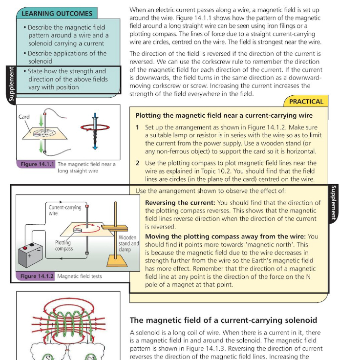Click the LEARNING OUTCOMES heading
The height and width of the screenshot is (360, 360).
[57, 14]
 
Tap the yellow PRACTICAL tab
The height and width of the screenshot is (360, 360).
[306, 102]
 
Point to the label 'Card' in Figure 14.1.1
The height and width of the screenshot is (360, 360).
[24, 117]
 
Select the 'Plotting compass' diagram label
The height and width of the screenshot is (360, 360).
[64, 245]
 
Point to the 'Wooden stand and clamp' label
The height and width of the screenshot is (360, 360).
[128, 243]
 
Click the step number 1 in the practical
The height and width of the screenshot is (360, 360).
[138, 127]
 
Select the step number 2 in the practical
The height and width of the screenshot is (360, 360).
[138, 163]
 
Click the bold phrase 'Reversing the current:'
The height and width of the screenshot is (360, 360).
[180, 203]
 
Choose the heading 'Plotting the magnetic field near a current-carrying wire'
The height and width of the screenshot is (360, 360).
[224, 116]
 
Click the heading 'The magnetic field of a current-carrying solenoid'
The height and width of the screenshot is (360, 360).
[223, 320]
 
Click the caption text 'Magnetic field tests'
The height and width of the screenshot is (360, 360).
[80, 276]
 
